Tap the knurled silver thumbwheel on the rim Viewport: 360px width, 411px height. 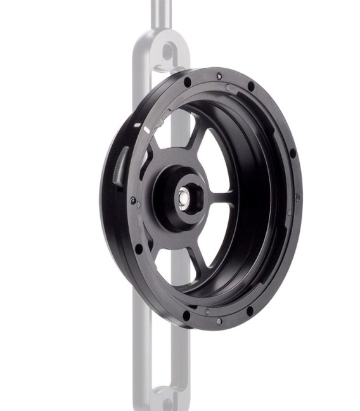121,166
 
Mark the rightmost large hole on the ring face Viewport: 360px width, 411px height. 293,154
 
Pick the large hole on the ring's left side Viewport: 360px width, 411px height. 138,248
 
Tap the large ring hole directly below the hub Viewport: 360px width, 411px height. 186,314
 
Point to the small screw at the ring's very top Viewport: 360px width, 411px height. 219,76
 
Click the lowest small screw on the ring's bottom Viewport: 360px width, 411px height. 219,321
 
